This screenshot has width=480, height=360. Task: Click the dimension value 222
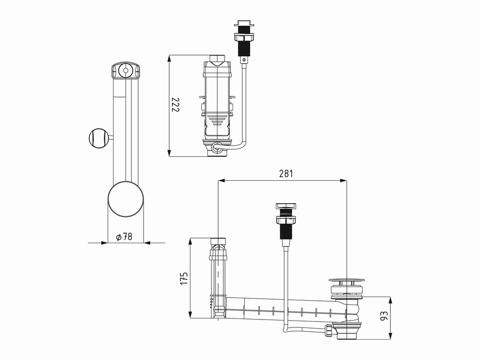pos(175,105)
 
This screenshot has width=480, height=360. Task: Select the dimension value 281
pos(286,173)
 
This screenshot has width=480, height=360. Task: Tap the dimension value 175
pos(184,278)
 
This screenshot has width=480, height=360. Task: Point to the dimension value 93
pos(384,316)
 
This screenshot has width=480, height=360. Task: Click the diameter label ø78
pos(124,237)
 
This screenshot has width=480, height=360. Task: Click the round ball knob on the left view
pos(98,138)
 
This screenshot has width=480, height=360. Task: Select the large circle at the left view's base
pos(125,199)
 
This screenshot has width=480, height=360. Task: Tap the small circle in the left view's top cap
pos(125,70)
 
